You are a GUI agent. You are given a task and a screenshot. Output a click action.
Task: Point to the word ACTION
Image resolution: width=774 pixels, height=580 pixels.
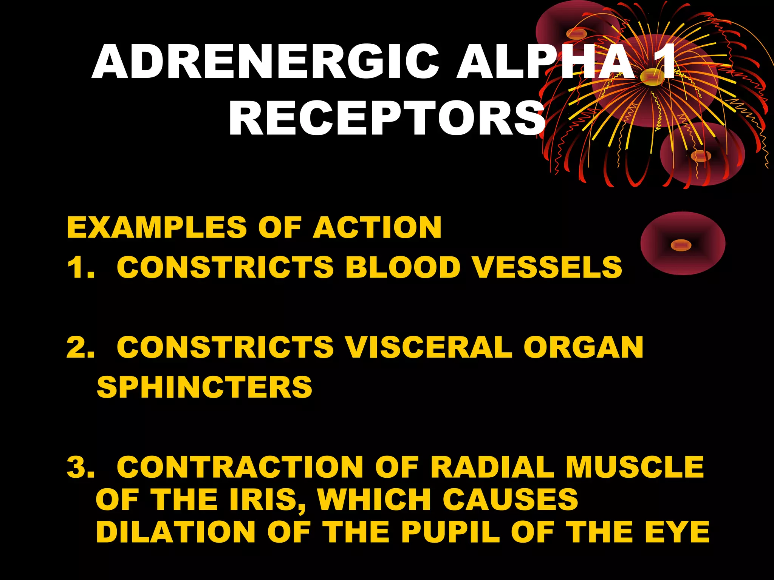(377, 228)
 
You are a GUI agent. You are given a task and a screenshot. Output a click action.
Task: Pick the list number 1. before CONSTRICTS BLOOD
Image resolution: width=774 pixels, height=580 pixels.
(80, 268)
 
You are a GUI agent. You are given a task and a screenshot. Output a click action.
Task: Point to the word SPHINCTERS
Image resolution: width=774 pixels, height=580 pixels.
(204, 387)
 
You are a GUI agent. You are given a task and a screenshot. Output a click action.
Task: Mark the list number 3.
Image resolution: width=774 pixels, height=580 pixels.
(80, 467)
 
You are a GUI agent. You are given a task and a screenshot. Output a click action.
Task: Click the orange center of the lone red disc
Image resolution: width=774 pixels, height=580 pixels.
(681, 245)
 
